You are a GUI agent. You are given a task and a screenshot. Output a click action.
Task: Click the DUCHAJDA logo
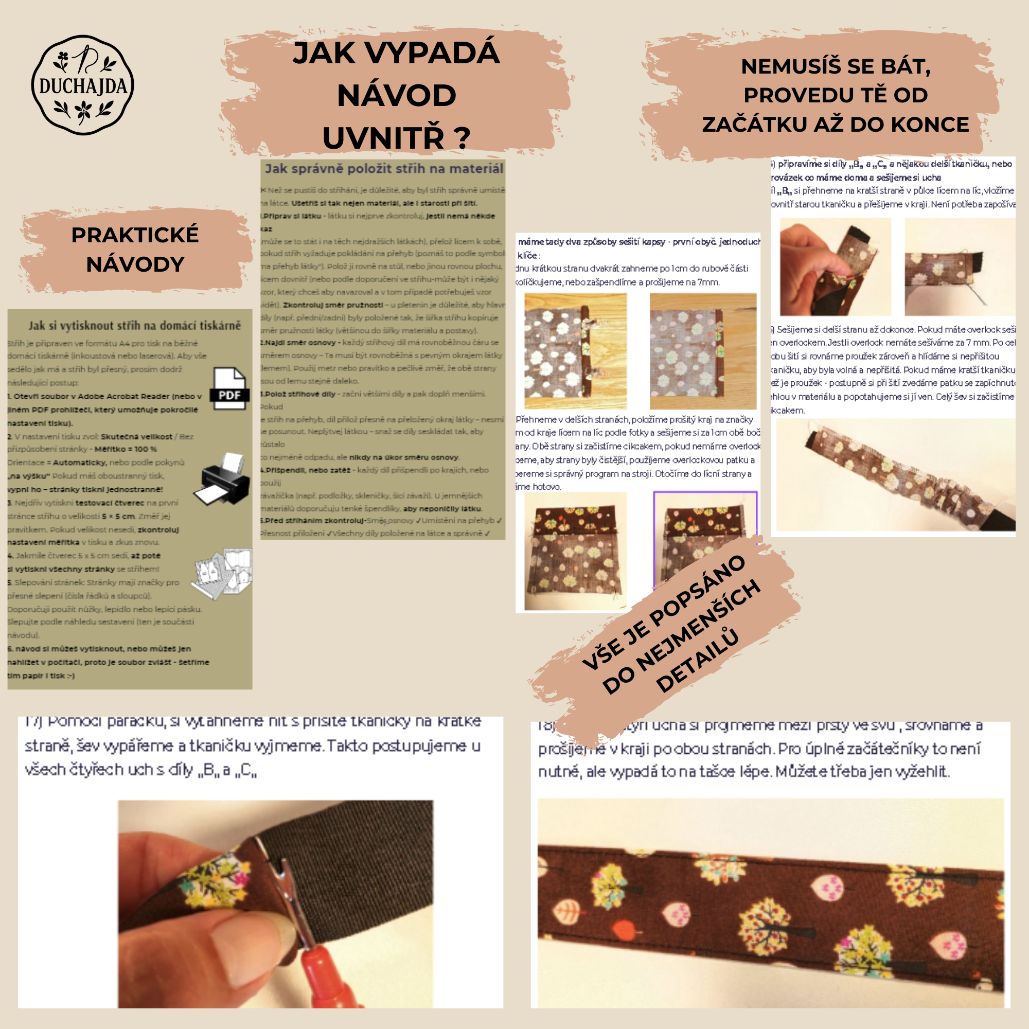(82, 85)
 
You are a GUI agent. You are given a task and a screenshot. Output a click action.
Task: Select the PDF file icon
(230, 388)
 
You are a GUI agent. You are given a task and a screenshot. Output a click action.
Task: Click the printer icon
(224, 480)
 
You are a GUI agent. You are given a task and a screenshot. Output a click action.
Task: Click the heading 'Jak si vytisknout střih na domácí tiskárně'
(134, 326)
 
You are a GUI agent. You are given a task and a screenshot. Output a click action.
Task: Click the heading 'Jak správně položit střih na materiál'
(383, 169)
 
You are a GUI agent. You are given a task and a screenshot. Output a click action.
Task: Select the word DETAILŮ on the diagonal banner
(697, 661)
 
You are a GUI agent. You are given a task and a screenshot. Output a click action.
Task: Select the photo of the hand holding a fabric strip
(835, 267)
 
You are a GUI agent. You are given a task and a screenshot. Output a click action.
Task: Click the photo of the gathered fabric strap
(895, 474)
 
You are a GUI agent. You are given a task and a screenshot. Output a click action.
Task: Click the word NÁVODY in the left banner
(135, 264)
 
